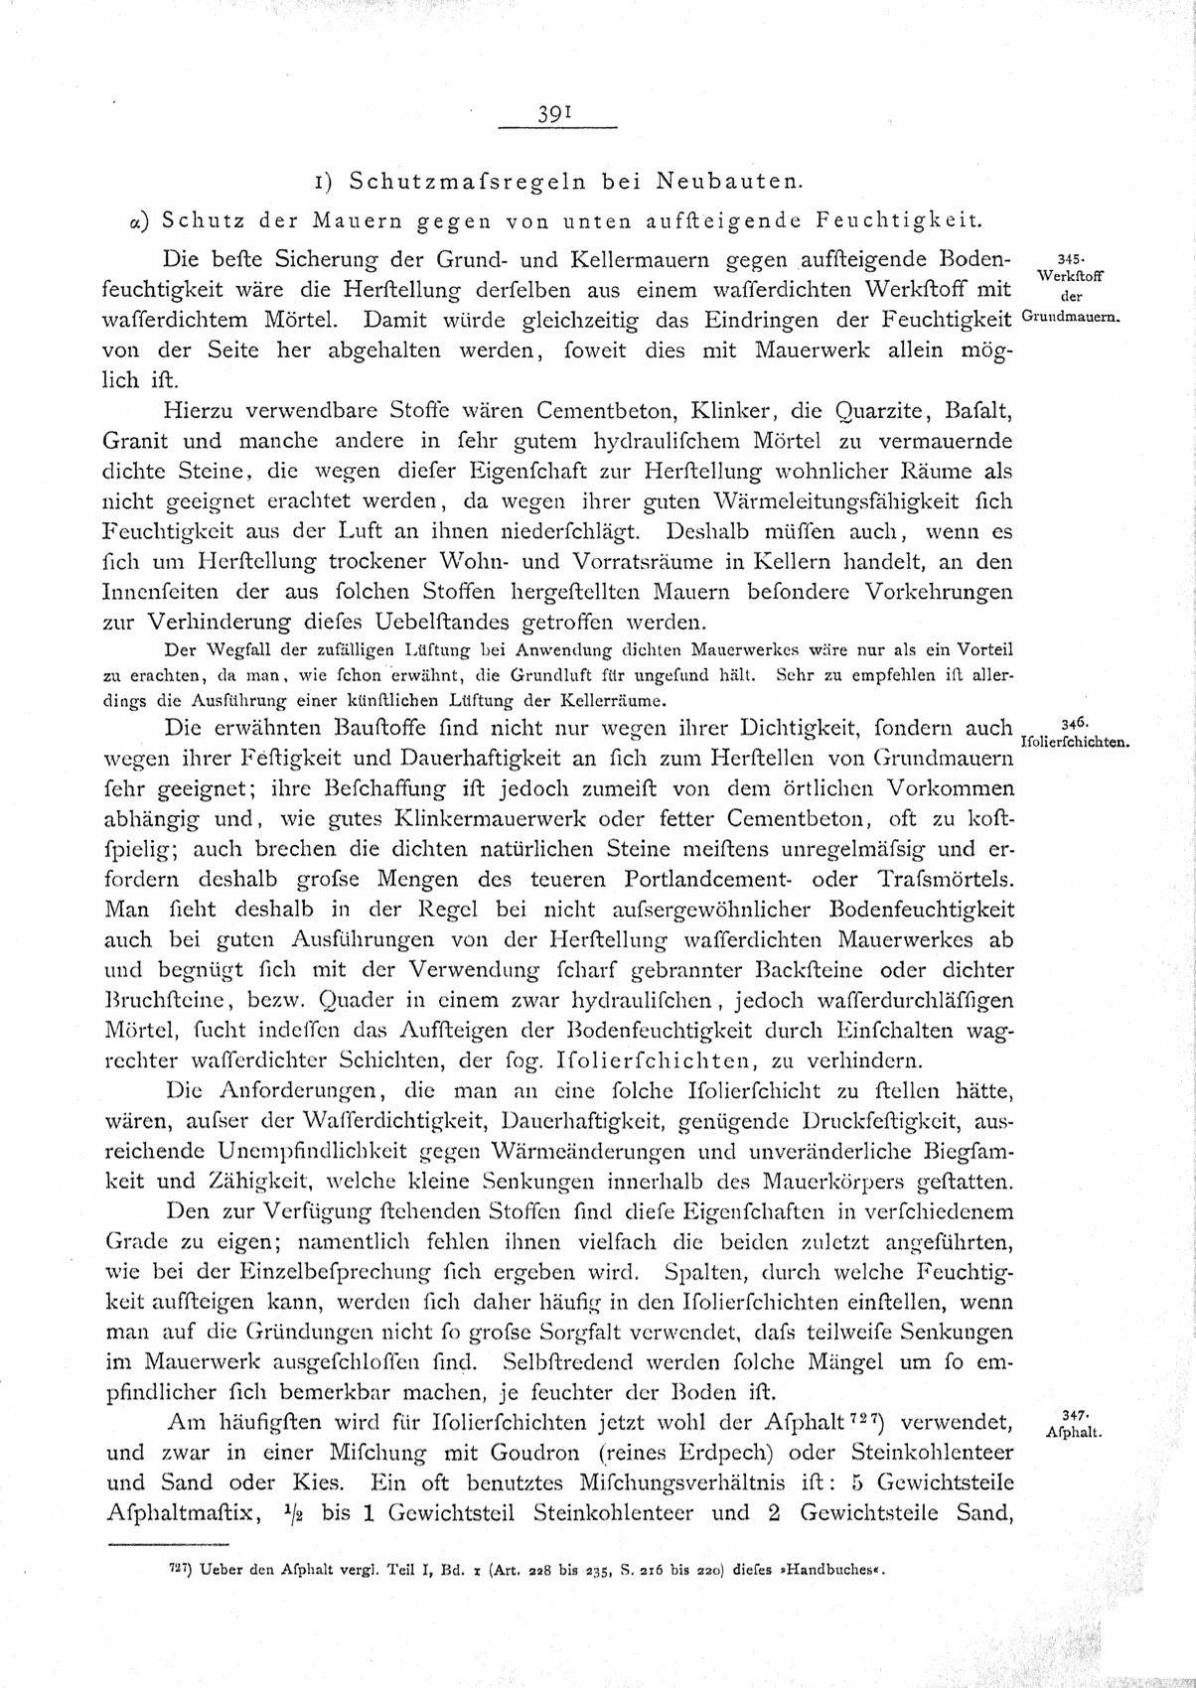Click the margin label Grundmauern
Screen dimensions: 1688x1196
[1070, 319]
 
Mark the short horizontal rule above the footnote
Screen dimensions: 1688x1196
[166, 1545]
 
